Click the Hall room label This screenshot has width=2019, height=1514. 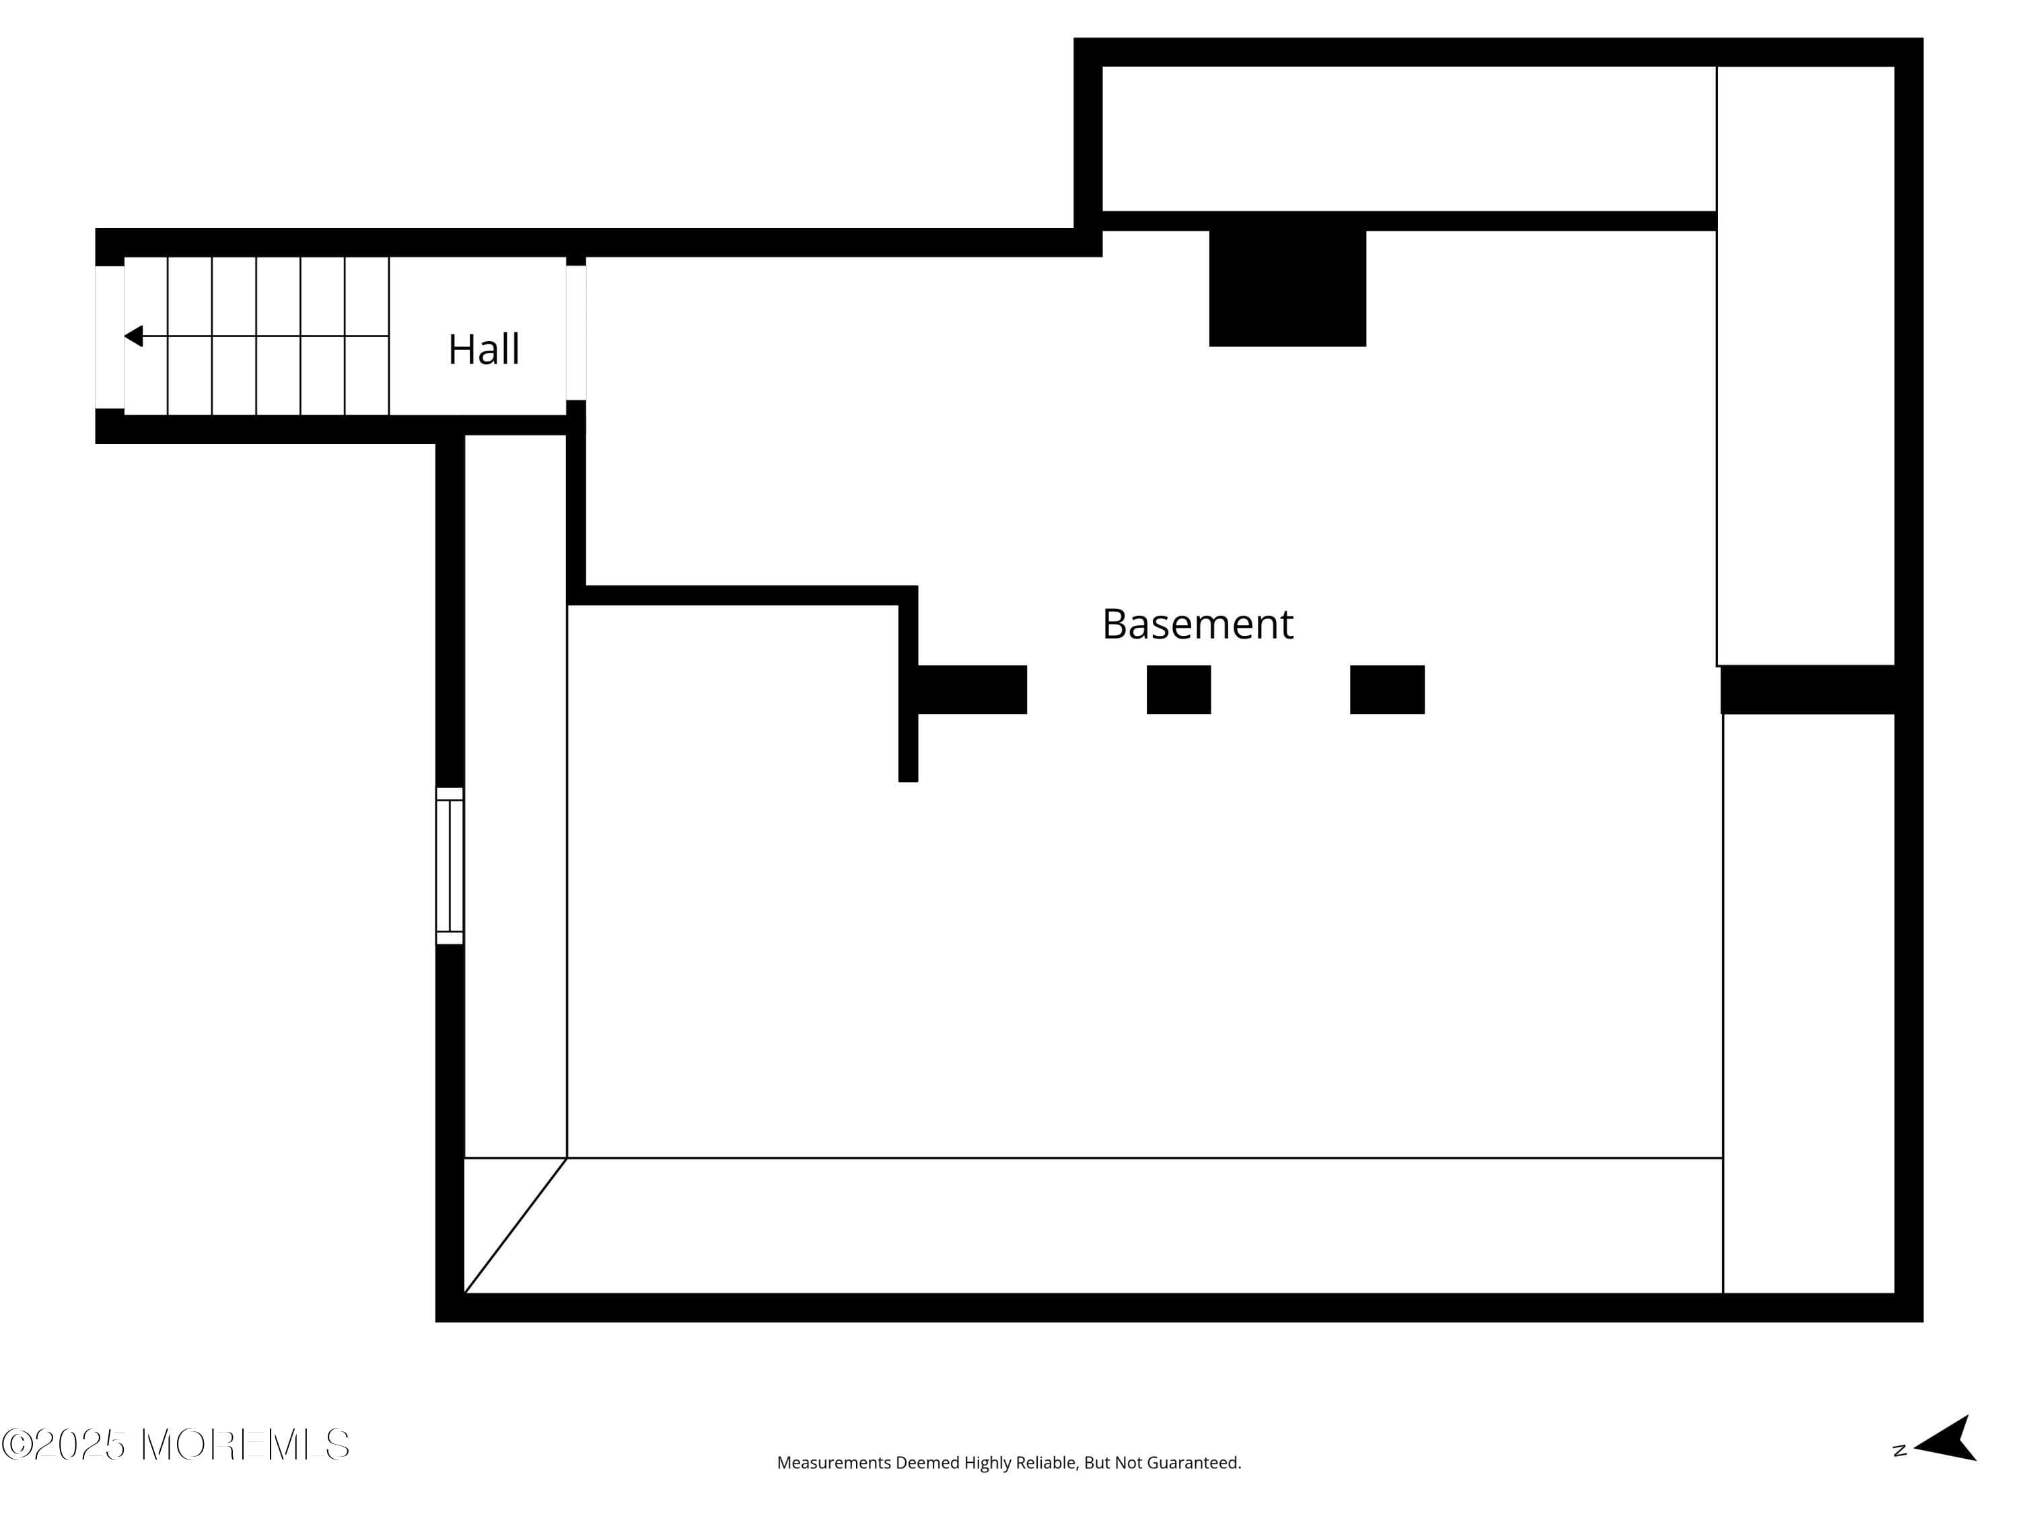(x=484, y=349)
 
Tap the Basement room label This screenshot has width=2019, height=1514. (x=1197, y=624)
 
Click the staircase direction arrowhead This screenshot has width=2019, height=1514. (x=133, y=336)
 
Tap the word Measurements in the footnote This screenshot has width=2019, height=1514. (x=833, y=1463)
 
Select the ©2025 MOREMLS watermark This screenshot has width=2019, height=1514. (x=175, y=1445)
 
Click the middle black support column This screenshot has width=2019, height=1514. (x=1178, y=689)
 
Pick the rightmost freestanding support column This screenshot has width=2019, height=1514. (x=1387, y=689)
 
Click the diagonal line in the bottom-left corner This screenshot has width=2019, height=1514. (x=516, y=1225)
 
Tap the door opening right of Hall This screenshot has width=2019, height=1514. (x=576, y=333)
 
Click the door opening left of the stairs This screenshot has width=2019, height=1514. (x=110, y=336)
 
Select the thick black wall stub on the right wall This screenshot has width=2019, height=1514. (x=1808, y=689)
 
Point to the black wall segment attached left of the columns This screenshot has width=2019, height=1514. (x=972, y=689)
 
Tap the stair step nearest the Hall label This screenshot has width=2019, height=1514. (x=367, y=336)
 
